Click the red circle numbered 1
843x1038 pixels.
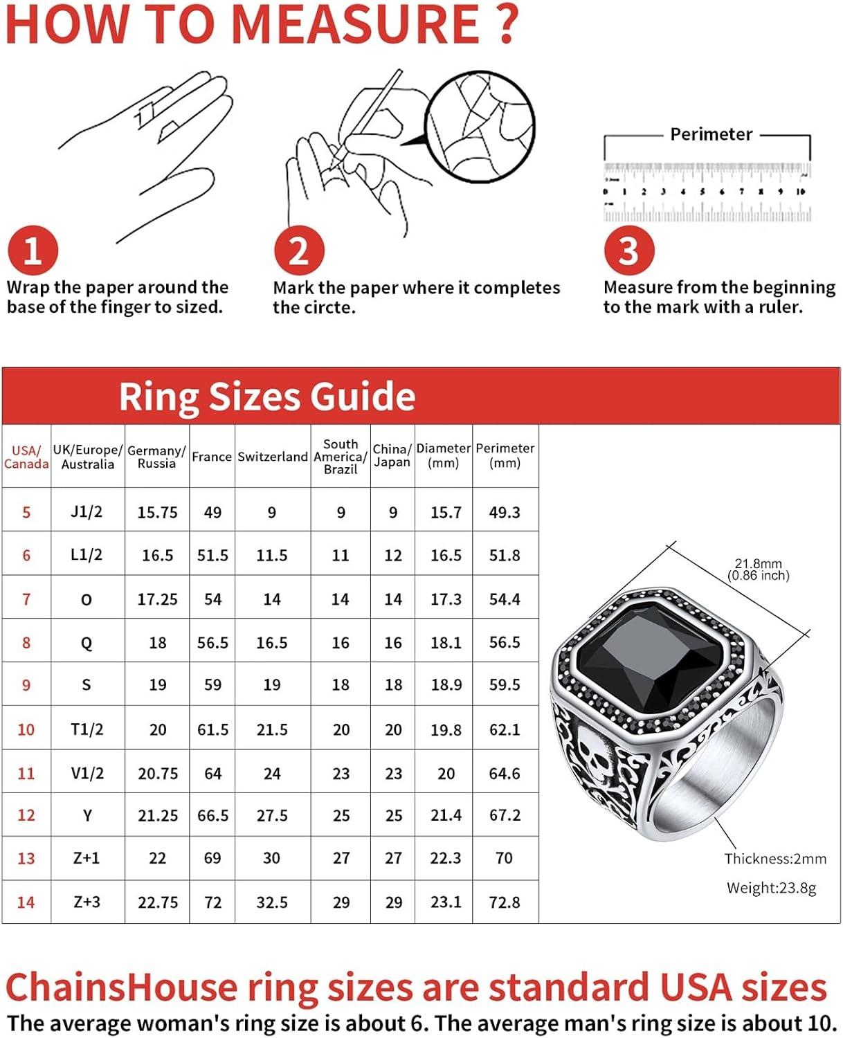33,250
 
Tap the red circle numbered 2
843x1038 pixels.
298,250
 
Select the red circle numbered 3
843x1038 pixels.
628,250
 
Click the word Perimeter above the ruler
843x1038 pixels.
711,134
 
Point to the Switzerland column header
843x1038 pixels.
272,457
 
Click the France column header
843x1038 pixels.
212,457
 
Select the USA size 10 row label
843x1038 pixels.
26,729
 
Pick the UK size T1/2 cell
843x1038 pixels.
87,729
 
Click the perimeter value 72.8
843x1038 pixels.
505,902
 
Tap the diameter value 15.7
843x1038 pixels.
446,513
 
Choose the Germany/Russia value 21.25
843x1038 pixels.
158,816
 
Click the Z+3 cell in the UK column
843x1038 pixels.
87,902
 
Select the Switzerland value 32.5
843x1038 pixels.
272,902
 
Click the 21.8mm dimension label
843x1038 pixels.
759,564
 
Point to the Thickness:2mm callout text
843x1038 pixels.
775,859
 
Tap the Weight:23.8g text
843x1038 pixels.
771,888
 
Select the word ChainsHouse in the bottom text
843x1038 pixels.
121,987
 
